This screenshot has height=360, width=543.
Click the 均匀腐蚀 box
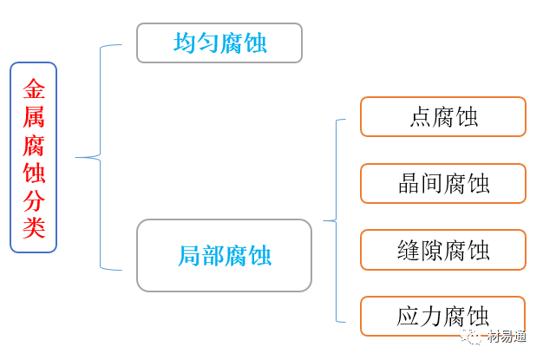click(x=219, y=43)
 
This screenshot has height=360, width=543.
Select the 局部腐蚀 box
click(x=224, y=255)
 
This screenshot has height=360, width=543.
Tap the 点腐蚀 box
click(x=442, y=117)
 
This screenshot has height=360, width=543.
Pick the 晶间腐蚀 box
click(x=442, y=184)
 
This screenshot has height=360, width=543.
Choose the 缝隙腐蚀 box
click(x=442, y=250)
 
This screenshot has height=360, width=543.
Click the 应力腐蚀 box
click(x=442, y=316)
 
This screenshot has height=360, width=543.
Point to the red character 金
click(x=34, y=89)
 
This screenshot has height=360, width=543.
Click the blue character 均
click(x=185, y=43)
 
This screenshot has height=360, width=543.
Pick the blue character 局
click(x=190, y=256)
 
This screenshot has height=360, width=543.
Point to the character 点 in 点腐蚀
click(x=420, y=117)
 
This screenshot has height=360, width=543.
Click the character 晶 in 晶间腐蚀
click(x=409, y=184)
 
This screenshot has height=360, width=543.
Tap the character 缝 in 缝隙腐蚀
click(x=409, y=251)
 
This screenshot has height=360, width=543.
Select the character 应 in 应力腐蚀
click(x=409, y=317)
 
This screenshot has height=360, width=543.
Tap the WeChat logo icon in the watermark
click(x=474, y=337)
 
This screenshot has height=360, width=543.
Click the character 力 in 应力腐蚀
click(x=431, y=317)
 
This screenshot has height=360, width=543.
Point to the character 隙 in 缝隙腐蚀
click(x=431, y=251)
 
